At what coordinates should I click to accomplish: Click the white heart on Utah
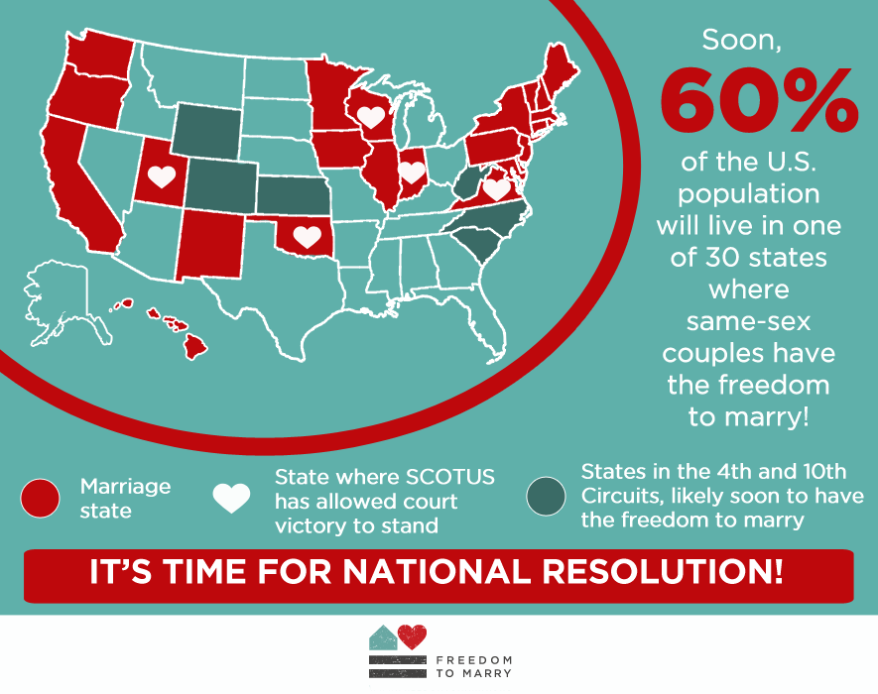[x=162, y=176]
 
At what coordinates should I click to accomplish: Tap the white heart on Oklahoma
[x=307, y=236]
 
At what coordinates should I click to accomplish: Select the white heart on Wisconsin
[x=371, y=117]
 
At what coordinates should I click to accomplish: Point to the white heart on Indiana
[x=412, y=173]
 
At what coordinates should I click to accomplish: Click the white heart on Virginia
[x=496, y=188]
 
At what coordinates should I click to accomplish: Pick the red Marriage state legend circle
[x=40, y=498]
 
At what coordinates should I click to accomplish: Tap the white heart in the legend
[x=231, y=498]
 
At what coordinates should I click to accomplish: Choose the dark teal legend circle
[x=546, y=496]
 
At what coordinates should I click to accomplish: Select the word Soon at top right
[x=741, y=41]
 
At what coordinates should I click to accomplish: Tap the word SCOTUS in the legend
[x=449, y=477]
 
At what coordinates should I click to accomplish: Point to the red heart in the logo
[x=412, y=636]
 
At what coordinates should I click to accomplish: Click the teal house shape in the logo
[x=384, y=638]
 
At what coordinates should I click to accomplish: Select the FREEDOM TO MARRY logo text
[x=473, y=666]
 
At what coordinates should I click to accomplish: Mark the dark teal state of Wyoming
[x=206, y=132]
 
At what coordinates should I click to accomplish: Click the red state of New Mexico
[x=211, y=245]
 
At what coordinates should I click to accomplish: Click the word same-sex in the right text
[x=748, y=322]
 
